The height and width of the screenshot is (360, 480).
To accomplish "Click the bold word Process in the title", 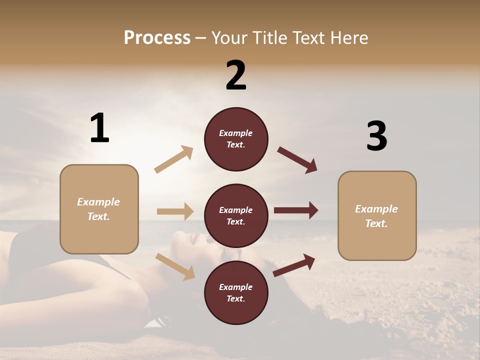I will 157,38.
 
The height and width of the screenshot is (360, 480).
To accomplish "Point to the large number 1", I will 99,128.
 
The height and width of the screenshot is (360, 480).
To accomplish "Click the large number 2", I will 236,75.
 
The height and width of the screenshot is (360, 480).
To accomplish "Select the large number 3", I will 376,136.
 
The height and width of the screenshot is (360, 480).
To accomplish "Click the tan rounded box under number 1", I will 99,209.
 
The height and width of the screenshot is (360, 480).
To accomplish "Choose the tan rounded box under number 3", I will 377,216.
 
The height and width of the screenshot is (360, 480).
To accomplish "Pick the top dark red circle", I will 236,139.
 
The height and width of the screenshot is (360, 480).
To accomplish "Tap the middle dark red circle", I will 236,216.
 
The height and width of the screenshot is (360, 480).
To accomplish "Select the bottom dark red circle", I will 236,293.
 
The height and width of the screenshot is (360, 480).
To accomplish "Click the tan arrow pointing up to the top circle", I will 174,159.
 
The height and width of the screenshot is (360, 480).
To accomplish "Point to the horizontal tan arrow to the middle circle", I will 175,211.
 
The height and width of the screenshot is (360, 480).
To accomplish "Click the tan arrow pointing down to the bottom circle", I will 175,266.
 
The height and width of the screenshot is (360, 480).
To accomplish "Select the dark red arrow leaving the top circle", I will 297,160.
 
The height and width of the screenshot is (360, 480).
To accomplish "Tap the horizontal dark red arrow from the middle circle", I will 296,210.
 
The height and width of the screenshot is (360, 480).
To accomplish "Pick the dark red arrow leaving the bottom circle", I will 294,265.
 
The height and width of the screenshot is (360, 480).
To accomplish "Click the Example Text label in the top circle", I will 236,139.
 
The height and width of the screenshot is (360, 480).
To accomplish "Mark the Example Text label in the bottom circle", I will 236,293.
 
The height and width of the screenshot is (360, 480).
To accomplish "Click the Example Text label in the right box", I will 377,216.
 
